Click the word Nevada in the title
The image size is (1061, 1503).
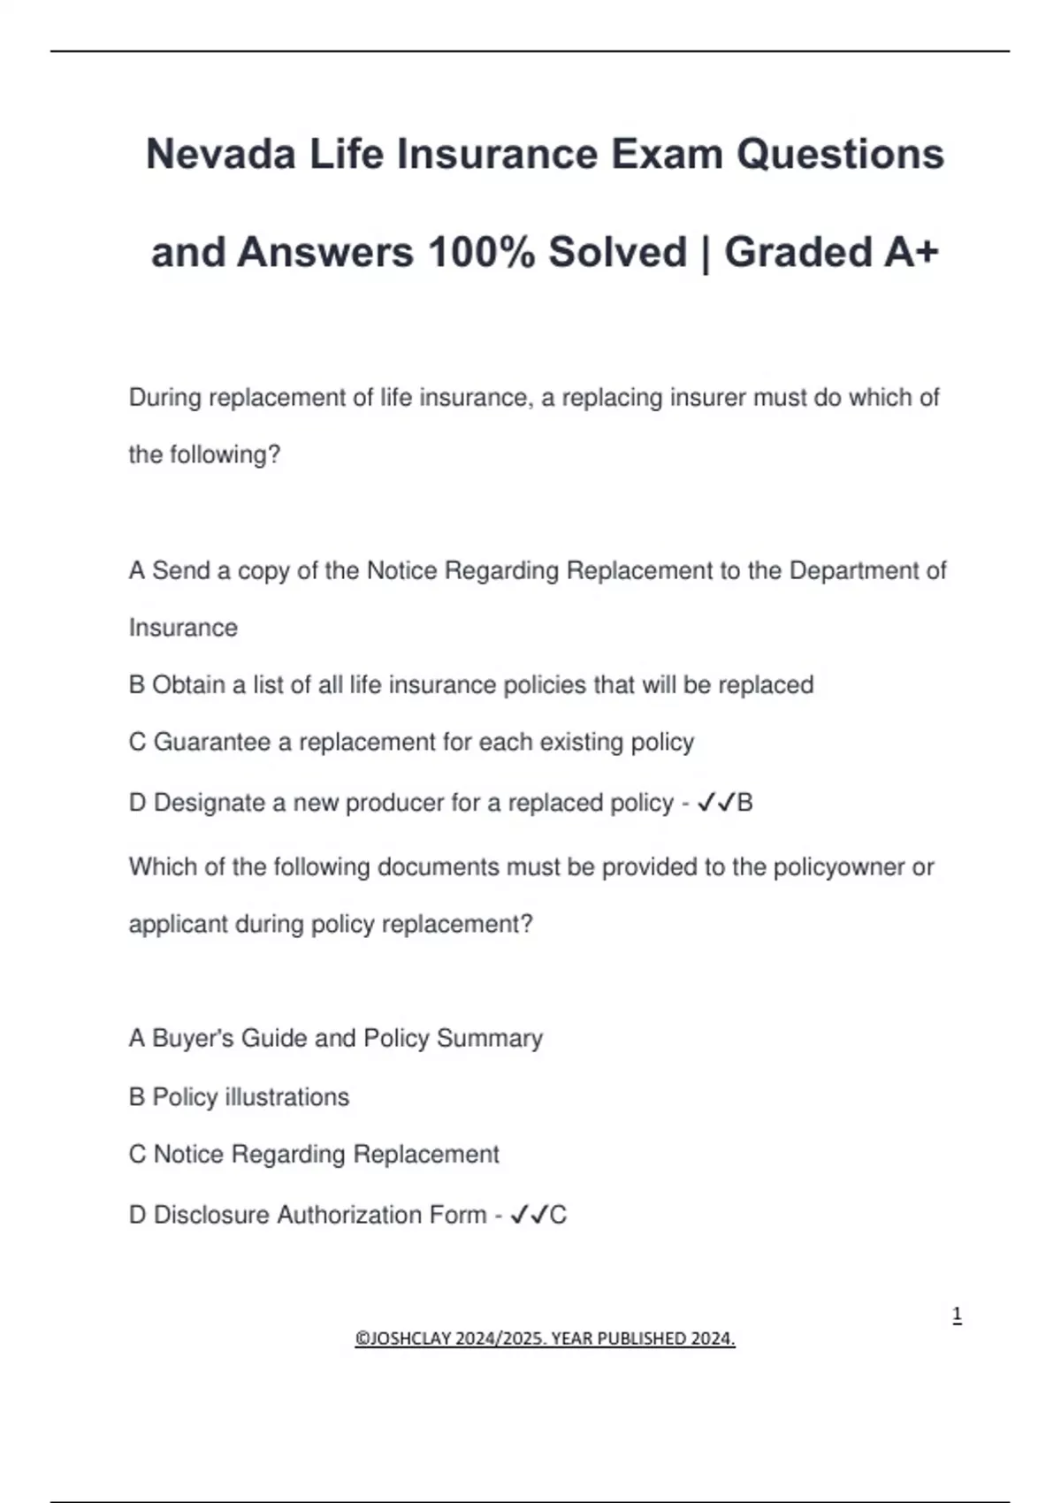[x=220, y=154]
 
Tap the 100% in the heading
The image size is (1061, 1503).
[x=481, y=252]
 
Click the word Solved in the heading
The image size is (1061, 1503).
[x=617, y=252]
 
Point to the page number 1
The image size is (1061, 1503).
[x=957, y=1315]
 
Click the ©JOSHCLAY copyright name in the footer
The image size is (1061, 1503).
[x=406, y=1339]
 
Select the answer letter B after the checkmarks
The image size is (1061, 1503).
[x=744, y=803]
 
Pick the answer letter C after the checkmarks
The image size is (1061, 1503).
[x=558, y=1215]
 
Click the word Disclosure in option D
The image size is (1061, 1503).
[x=211, y=1215]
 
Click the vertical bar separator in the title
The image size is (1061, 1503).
[x=705, y=254]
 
